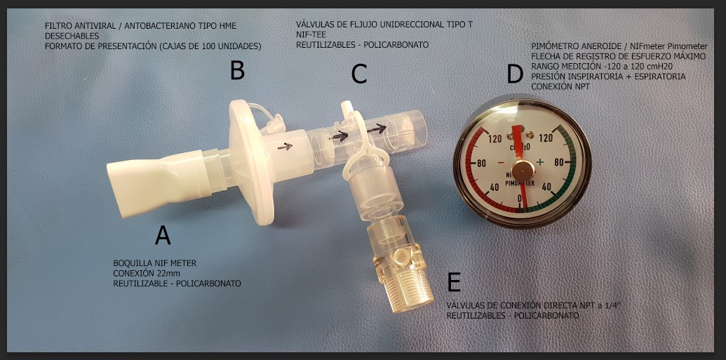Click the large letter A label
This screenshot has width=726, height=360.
pyautogui.click(x=163, y=234)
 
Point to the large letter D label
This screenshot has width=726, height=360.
pyautogui.click(x=515, y=74)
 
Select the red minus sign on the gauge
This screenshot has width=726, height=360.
pyautogui.click(x=501, y=163)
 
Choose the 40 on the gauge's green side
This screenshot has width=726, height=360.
pyautogui.click(x=547, y=187)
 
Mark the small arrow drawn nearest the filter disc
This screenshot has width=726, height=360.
pyautogui.click(x=285, y=147)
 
